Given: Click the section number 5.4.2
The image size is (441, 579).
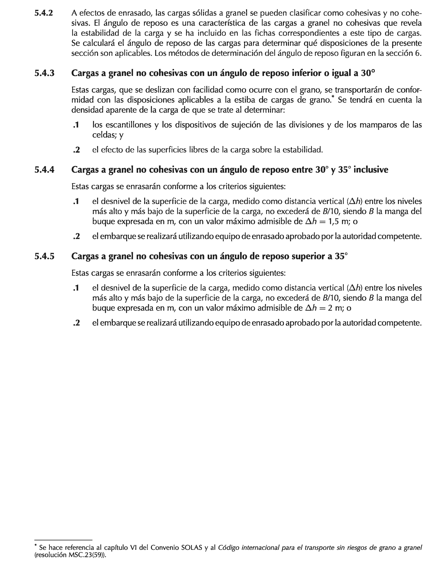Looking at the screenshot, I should click(44, 13).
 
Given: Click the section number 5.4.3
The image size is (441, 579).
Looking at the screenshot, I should click(44, 73).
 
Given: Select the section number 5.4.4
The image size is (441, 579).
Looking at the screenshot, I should click(44, 170).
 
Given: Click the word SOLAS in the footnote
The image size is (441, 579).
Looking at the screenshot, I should click(192, 548).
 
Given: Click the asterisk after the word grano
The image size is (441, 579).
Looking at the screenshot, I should click(333, 97).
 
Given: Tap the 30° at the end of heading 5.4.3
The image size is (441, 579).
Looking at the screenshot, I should click(367, 73).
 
